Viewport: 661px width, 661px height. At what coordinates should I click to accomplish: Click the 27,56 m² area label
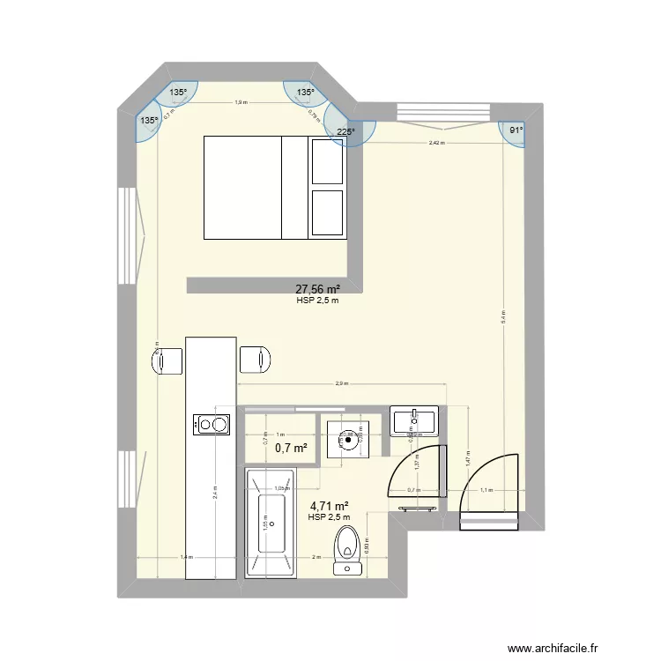coord(317,289)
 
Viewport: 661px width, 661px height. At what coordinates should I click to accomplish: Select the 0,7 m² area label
coord(291,448)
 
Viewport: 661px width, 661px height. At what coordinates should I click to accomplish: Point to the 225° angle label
coord(345,133)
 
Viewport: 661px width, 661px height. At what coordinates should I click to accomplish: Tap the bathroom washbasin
coord(414,421)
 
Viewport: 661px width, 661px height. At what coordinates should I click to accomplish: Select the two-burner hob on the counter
coord(212,425)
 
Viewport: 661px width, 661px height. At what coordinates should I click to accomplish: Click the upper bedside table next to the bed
coord(327,160)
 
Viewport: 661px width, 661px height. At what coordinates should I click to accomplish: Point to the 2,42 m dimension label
coord(436,143)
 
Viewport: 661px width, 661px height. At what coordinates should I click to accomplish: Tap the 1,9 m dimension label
coord(240,103)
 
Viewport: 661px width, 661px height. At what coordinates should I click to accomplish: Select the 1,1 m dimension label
coord(486,489)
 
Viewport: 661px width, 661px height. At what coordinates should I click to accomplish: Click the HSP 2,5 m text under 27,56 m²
coord(318,301)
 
